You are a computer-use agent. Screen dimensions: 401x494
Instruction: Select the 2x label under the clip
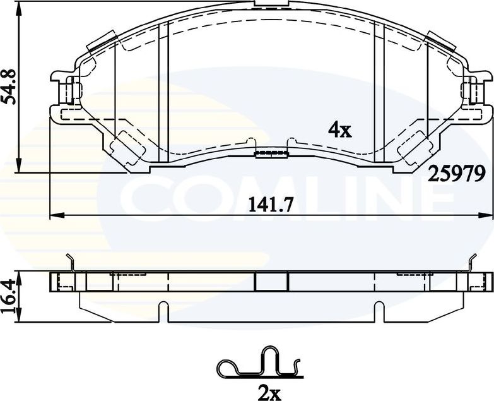tap(269, 393)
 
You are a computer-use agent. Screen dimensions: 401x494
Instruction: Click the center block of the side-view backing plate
tap(271, 282)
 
